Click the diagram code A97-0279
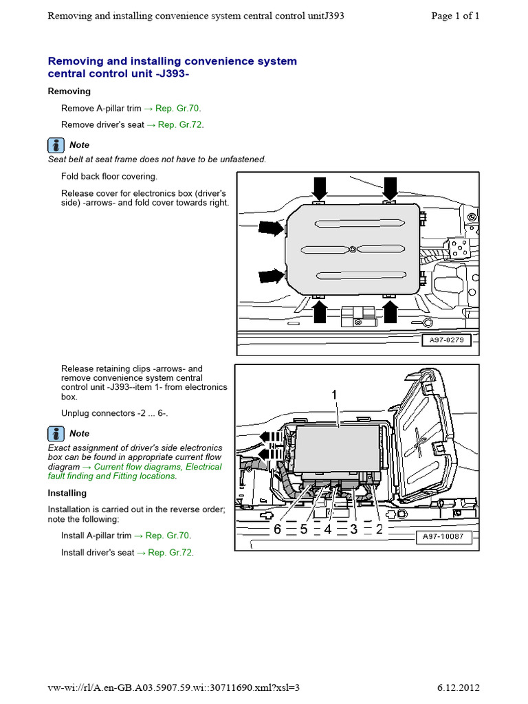click(x=448, y=340)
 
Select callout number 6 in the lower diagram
click(x=277, y=529)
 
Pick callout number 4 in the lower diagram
click(x=328, y=529)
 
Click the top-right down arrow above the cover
click(x=390, y=186)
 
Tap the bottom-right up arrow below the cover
click(x=390, y=311)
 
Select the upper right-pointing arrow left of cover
click(x=271, y=228)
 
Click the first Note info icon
click(x=56, y=145)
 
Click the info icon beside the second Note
click(x=56, y=434)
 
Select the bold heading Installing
click(x=67, y=493)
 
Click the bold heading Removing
click(x=69, y=91)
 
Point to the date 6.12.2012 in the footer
click(x=458, y=688)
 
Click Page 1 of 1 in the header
click(x=455, y=16)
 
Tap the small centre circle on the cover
click(x=351, y=249)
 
